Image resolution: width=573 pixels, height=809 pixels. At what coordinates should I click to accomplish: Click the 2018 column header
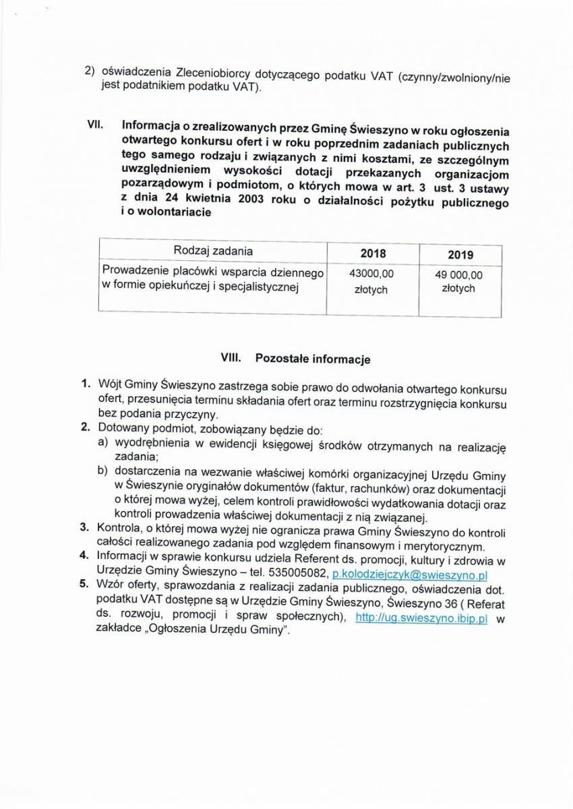pos(373,253)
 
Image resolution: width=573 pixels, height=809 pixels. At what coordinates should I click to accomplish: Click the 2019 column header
pos(460,255)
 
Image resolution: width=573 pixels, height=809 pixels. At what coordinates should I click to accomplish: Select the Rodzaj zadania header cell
pos(213,251)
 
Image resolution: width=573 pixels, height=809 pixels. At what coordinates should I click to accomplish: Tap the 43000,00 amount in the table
pos(371,274)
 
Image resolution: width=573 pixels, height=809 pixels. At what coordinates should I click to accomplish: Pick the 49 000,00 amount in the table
pos(458,275)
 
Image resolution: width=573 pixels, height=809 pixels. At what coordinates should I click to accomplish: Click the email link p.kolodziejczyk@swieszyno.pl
pos(410,575)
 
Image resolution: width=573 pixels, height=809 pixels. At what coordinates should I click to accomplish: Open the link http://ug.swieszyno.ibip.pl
pos(421,618)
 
